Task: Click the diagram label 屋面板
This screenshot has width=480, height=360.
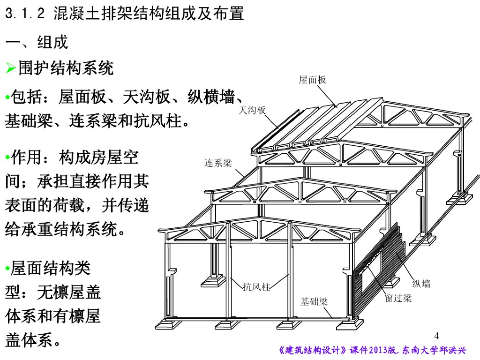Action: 312,80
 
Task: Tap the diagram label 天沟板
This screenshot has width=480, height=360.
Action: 252,110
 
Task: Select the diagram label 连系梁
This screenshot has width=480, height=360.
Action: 218,163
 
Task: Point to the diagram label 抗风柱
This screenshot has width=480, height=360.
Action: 256,287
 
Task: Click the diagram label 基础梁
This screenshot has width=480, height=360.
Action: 314,301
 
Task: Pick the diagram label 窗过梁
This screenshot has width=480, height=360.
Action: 398,298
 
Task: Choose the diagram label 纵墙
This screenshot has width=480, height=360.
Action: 421,283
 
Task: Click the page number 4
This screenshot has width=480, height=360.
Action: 437,336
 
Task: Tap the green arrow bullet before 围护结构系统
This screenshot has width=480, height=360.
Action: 10,68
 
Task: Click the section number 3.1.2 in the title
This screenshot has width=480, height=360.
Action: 25,14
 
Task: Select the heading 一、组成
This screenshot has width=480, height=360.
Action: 37,42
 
